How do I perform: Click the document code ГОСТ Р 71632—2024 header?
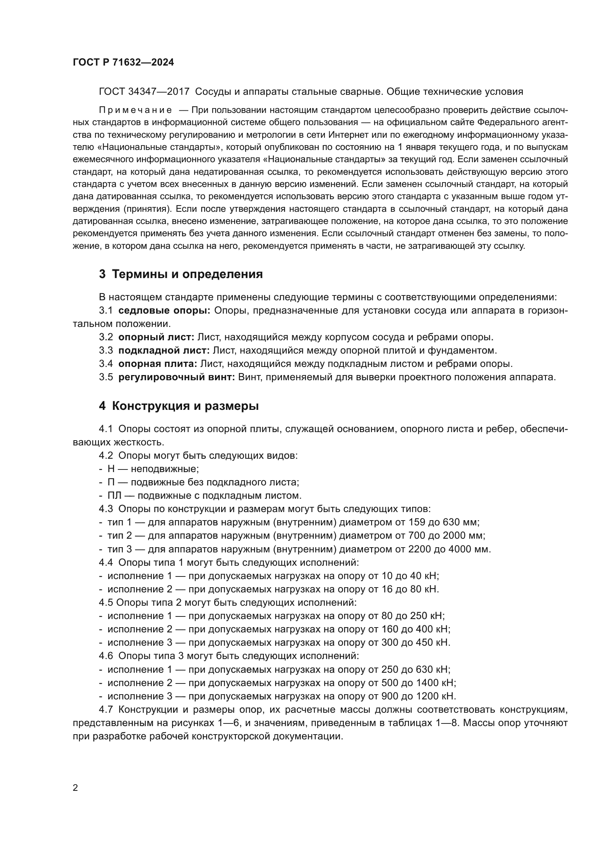123,62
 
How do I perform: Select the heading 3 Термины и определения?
181,274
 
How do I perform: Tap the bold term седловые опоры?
164,310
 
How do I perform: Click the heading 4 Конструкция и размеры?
179,406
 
